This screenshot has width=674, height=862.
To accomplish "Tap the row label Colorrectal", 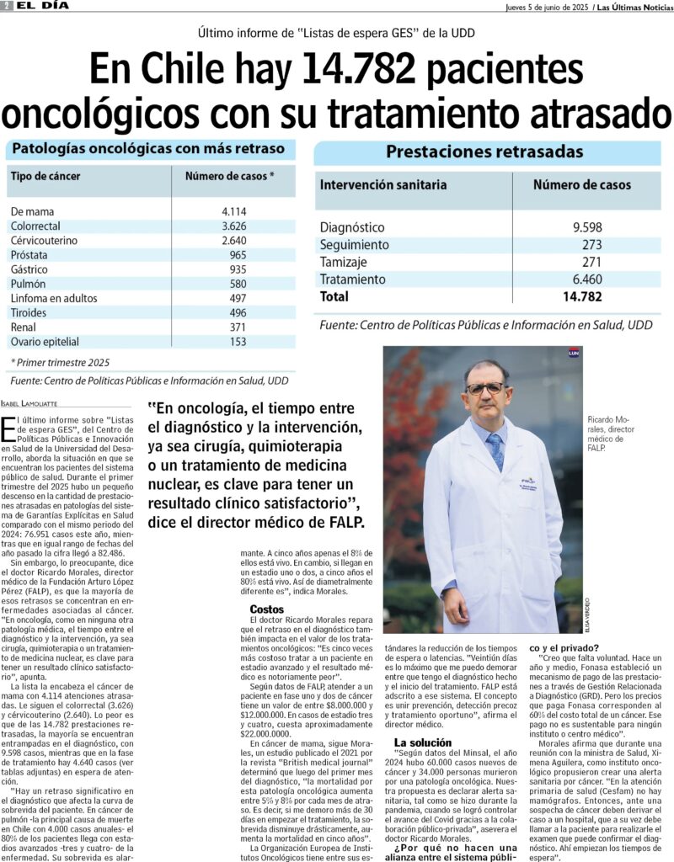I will (35, 226).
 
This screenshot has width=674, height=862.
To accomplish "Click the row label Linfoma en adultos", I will (54, 298).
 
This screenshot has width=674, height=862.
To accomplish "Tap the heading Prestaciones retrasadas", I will (484, 152).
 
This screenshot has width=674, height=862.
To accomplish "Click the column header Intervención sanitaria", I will (383, 184).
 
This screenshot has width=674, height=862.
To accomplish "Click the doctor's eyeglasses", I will (486, 388).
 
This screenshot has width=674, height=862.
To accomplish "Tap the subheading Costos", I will (267, 608).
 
